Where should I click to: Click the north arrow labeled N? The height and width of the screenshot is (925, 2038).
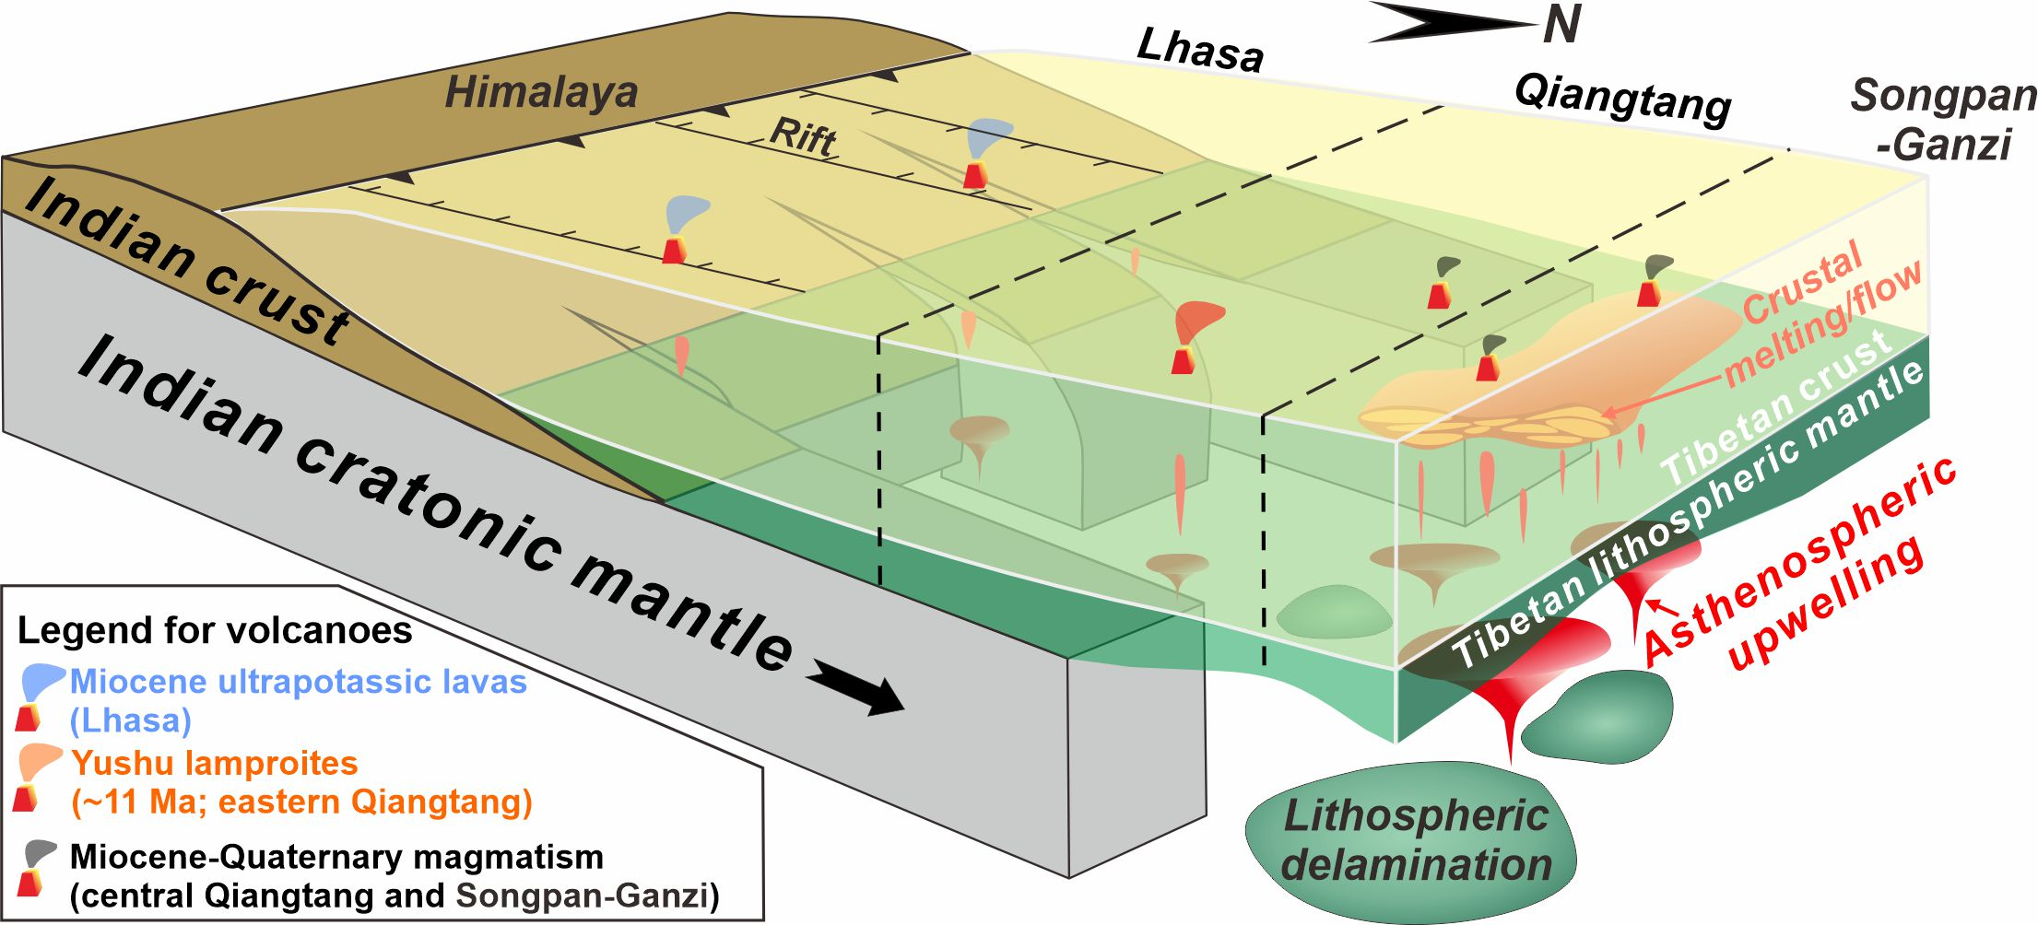(x=1475, y=23)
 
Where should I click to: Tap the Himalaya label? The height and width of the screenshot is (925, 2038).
(x=541, y=93)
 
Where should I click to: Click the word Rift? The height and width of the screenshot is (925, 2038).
(x=802, y=136)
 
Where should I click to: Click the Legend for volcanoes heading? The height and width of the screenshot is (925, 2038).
(x=215, y=630)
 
